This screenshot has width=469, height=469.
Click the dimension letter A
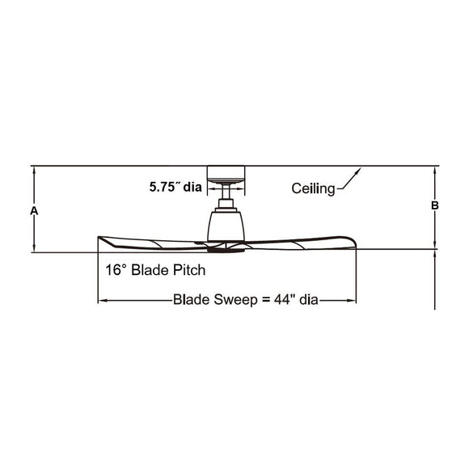pos(34,210)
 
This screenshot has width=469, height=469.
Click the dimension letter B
pos(434,206)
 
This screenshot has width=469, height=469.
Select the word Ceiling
pos(313,189)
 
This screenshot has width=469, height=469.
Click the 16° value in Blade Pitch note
pos(116,269)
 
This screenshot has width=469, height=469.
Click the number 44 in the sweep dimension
pos(278,300)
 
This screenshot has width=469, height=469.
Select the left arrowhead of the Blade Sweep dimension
pos(101,301)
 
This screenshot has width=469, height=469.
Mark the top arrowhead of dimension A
pos(34,170)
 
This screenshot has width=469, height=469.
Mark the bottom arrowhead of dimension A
pos(34,248)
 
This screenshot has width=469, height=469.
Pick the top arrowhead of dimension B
pos(435,170)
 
